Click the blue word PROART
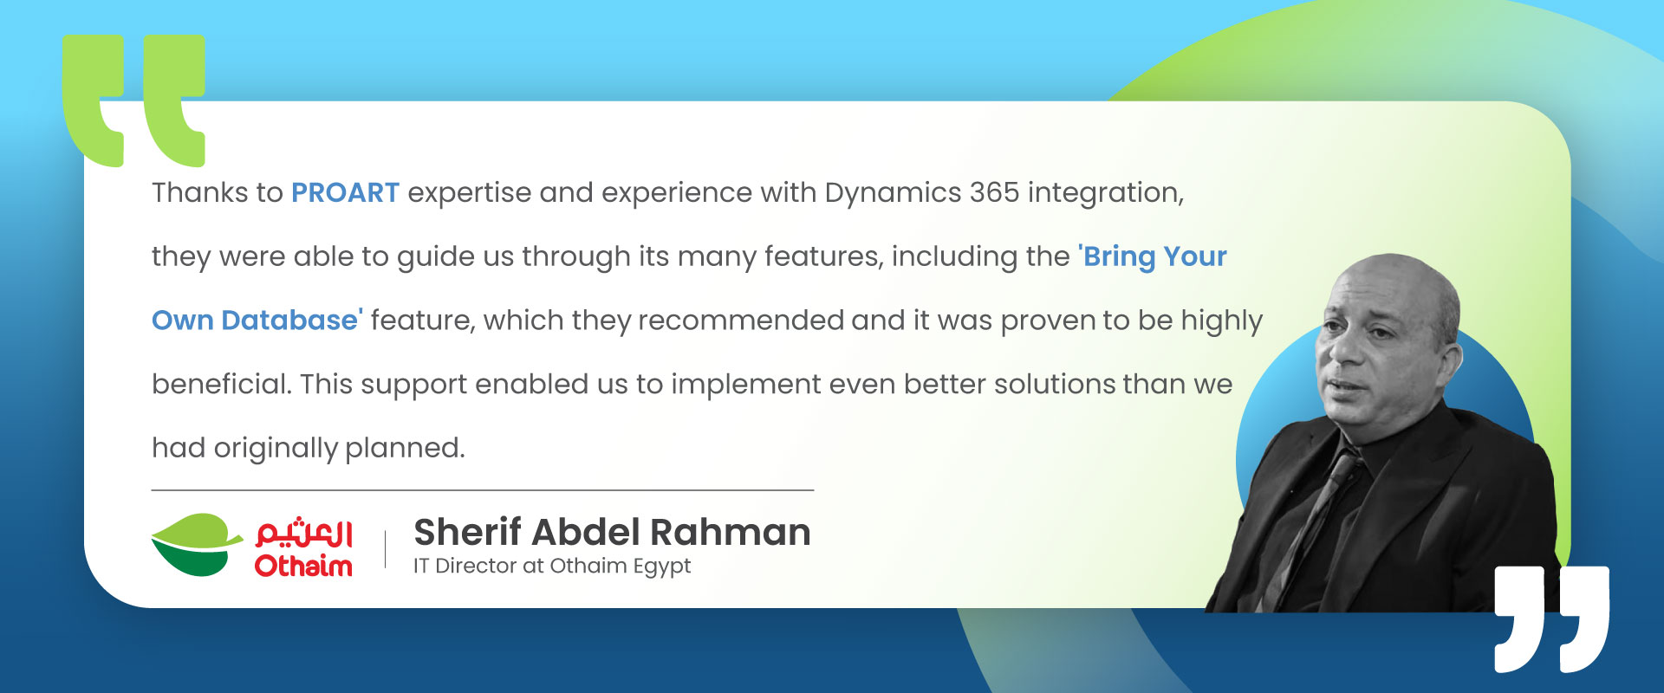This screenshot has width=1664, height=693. (345, 192)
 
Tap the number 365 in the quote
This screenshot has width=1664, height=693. (994, 192)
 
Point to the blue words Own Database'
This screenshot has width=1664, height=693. (257, 321)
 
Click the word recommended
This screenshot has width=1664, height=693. (741, 321)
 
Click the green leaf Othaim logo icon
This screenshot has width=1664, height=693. (197, 545)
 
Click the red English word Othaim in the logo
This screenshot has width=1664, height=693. (303, 566)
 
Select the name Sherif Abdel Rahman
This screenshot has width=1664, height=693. (612, 532)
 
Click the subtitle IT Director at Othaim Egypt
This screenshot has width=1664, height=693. (552, 567)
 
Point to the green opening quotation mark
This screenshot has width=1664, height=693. (134, 100)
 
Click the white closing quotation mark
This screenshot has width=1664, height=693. (1551, 619)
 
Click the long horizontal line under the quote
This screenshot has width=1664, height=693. (483, 490)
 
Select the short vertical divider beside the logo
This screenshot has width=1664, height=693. (385, 549)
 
